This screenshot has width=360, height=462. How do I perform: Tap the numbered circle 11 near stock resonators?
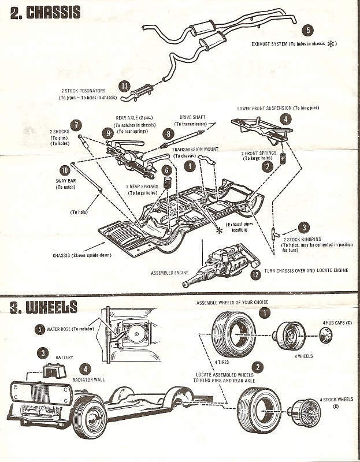point(124,86)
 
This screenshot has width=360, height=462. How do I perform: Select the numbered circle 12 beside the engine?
point(255,275)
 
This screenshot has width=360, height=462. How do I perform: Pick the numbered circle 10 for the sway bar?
point(65,170)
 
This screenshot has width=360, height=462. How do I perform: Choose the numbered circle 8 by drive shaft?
point(168,134)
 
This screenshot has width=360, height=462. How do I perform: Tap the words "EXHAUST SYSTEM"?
point(273,43)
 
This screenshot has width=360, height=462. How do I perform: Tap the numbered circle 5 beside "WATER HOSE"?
point(39,329)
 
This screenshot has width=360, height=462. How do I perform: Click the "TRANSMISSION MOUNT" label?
point(195,150)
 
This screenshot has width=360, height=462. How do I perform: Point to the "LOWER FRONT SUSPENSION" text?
point(270,108)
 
